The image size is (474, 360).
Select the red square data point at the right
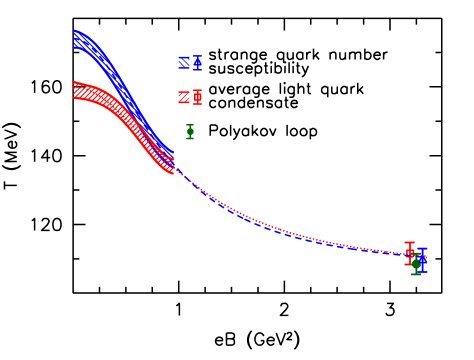[410, 253]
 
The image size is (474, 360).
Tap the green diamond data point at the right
[416, 264]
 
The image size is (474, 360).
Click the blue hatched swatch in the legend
[184, 63]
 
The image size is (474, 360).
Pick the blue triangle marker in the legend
[197, 62]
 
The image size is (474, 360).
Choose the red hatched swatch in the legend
[184, 97]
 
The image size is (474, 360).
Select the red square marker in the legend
[197, 97]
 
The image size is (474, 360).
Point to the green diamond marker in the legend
[190, 131]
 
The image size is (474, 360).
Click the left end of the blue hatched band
[75, 39]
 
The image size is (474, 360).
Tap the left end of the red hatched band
[75, 90]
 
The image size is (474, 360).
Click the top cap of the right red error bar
[410, 242]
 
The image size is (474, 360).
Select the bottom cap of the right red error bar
[410, 265]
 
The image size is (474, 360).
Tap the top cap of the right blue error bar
[422, 248]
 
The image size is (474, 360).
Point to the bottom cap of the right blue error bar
[422, 272]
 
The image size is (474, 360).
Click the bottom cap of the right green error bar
[416, 274]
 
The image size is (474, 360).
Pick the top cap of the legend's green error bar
[190, 125]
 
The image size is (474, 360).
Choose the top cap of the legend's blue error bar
[197, 56]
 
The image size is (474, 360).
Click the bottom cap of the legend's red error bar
[197, 104]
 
